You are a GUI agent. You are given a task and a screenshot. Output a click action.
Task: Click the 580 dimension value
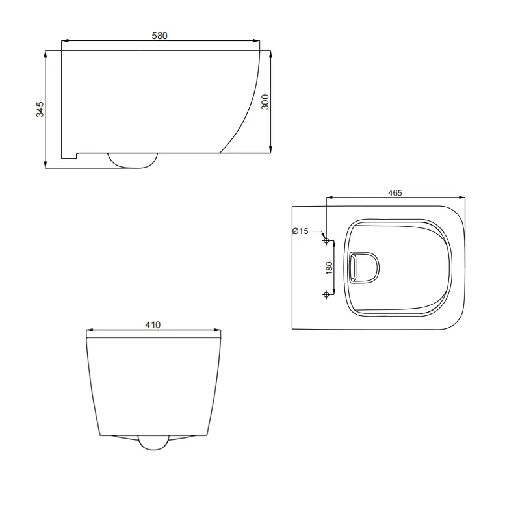point(160,36)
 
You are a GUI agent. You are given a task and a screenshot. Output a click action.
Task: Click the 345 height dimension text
point(40,109)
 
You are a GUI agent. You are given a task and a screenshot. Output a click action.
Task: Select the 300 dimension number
point(265,101)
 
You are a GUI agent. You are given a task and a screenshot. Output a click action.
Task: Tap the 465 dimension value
point(395,192)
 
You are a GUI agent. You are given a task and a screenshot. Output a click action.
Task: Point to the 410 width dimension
point(153,324)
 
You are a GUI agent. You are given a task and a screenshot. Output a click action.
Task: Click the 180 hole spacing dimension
point(330,268)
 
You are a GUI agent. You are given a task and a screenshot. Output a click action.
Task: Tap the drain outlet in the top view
point(363,268)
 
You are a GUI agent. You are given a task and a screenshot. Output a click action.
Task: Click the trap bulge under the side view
point(133,160)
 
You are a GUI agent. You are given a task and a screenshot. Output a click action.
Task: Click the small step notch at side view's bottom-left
point(70,155)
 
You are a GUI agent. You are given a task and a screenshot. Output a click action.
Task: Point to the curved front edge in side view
point(244,110)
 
